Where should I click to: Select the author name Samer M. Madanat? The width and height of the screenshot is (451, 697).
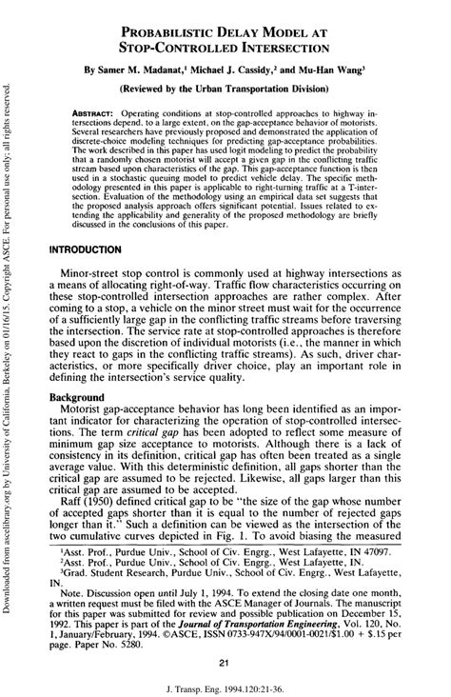click(153, 70)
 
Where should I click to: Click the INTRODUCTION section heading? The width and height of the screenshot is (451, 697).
click(98, 248)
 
